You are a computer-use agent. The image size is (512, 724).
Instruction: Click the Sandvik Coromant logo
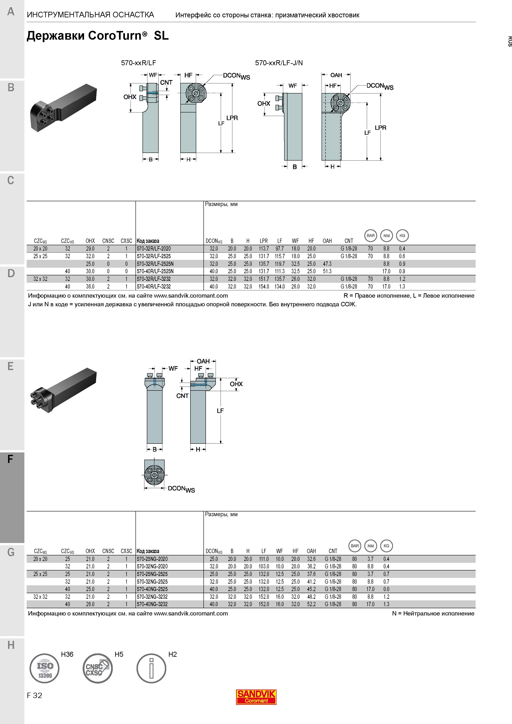[256, 697]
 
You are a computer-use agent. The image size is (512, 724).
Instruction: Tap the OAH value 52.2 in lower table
[311, 604]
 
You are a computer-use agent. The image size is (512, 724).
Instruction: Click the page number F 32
[34, 695]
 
